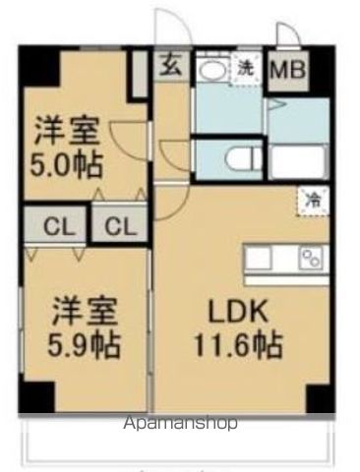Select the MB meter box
(286, 69)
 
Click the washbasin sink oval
(210, 70)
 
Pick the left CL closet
(58, 225)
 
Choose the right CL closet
(119, 225)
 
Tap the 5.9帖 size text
(86, 346)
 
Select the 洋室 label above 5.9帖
(86, 314)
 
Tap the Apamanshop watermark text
(179, 424)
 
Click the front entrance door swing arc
(168, 28)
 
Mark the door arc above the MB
(286, 34)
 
